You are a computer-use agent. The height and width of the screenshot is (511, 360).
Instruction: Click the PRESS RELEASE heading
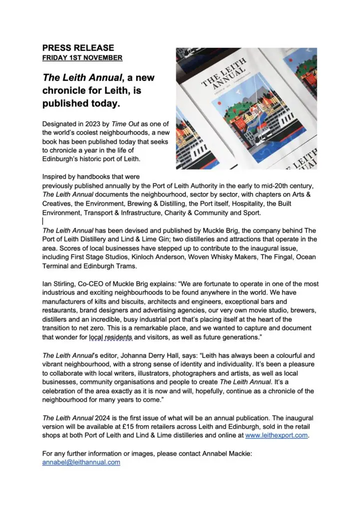coord(78,48)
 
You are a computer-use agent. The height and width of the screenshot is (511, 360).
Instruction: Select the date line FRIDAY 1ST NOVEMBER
coord(82,58)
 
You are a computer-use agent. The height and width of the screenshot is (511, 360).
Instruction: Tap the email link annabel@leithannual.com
coord(81,462)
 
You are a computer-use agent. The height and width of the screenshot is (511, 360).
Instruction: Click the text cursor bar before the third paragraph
coord(43,221)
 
